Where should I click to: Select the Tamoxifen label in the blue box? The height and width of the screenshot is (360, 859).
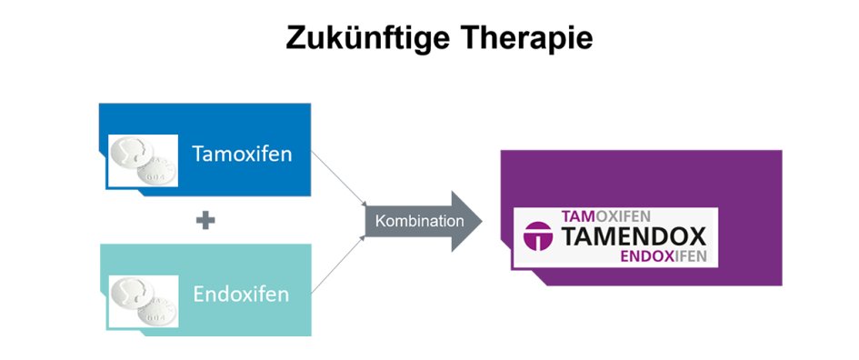click(242, 154)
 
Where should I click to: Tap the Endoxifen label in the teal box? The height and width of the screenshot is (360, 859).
click(241, 295)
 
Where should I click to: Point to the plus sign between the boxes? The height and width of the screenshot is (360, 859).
click(205, 221)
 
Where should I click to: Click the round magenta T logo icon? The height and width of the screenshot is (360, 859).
click(540, 238)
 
